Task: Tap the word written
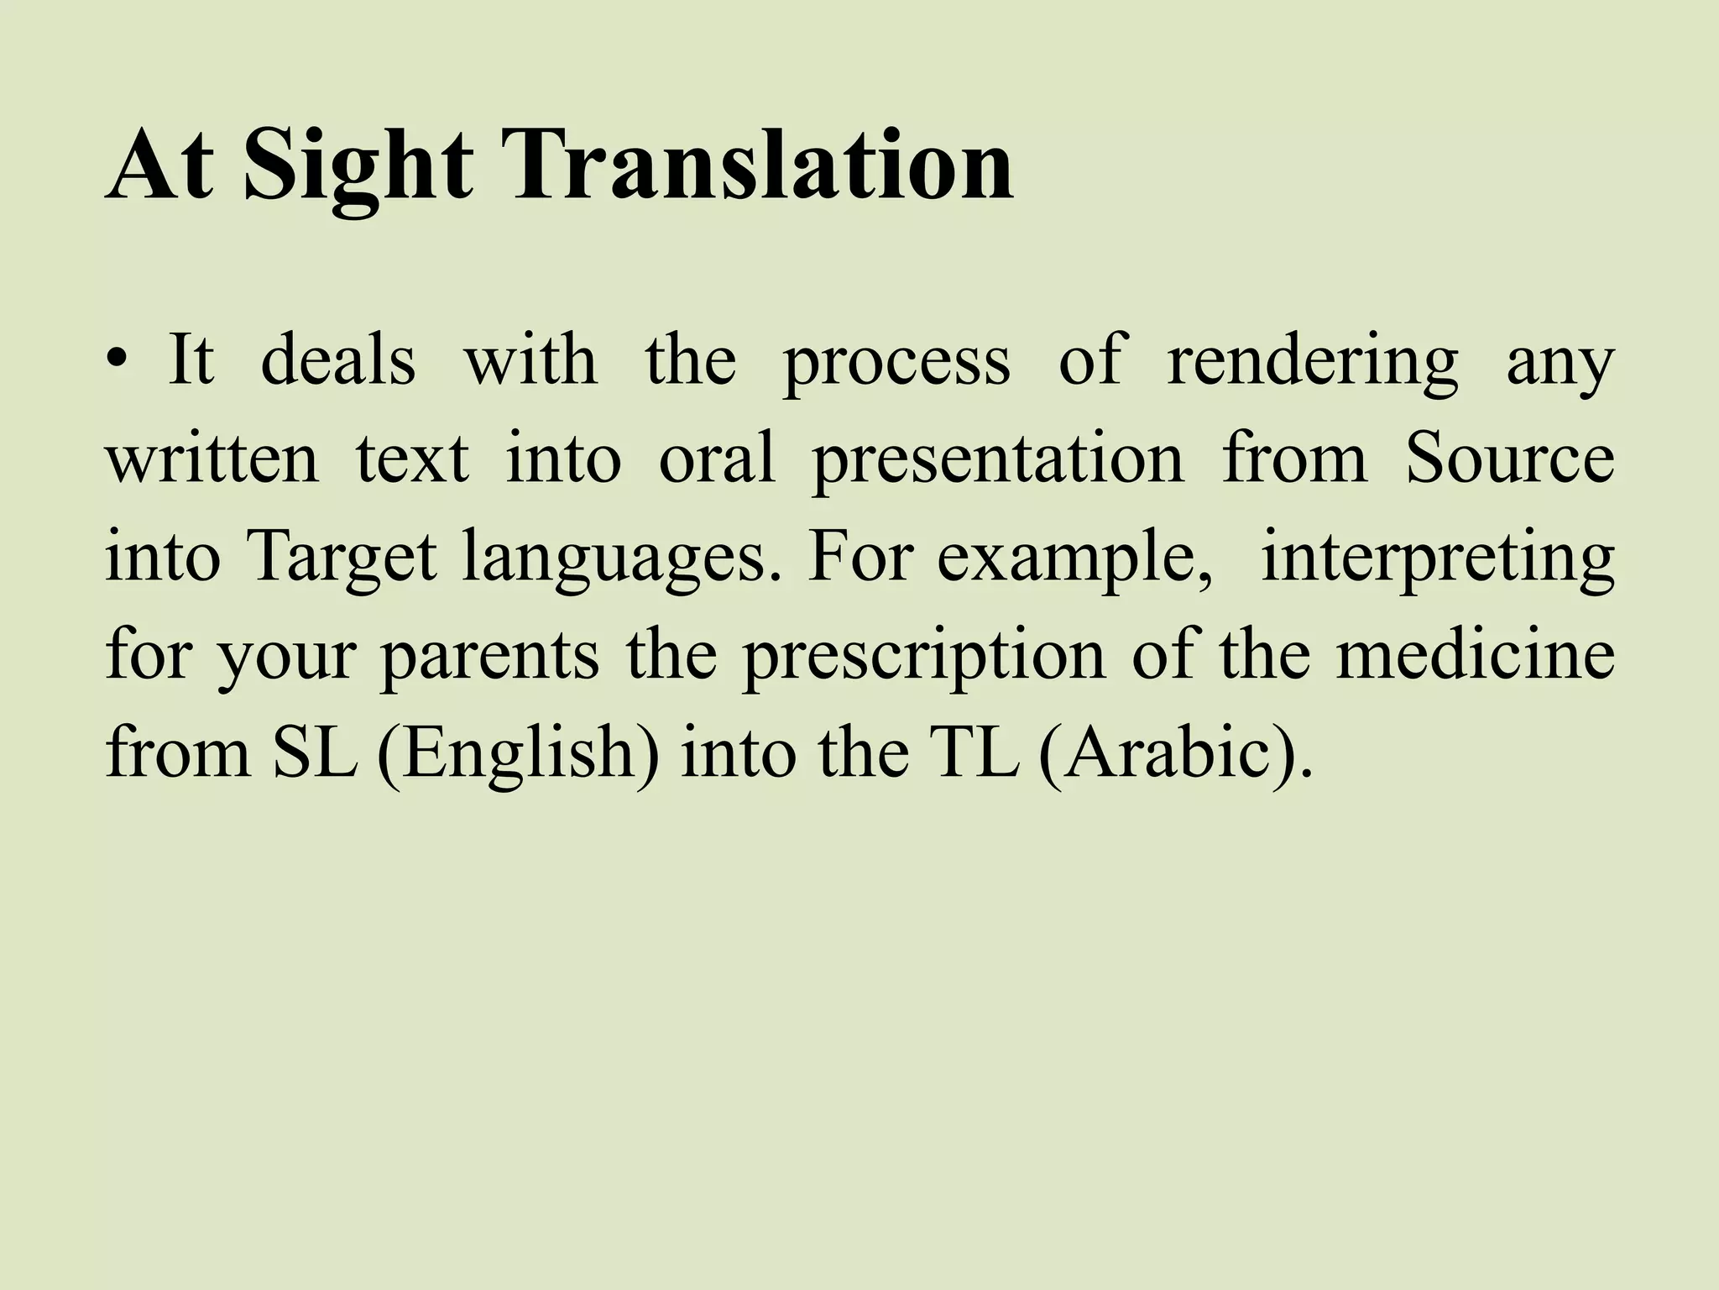(212, 460)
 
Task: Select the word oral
(717, 460)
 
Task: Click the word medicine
(1475, 655)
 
